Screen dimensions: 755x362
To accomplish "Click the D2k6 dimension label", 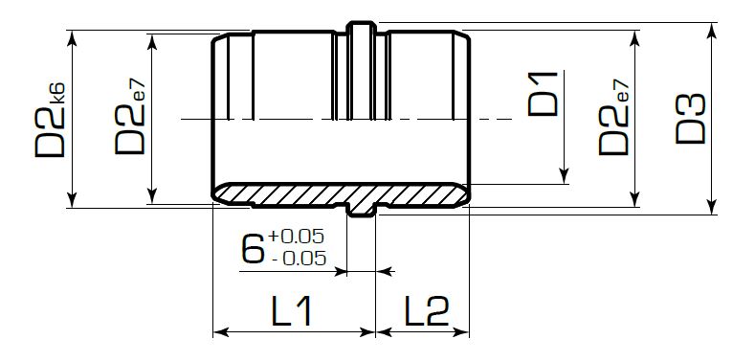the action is click(50, 120).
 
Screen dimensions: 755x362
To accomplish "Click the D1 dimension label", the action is click(543, 94).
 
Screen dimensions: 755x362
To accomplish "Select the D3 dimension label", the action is click(690, 119).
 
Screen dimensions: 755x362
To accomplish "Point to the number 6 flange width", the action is click(253, 247).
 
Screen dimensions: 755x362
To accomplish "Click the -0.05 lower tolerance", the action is click(299, 259).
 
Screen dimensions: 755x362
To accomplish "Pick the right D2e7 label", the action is click(614, 117).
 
